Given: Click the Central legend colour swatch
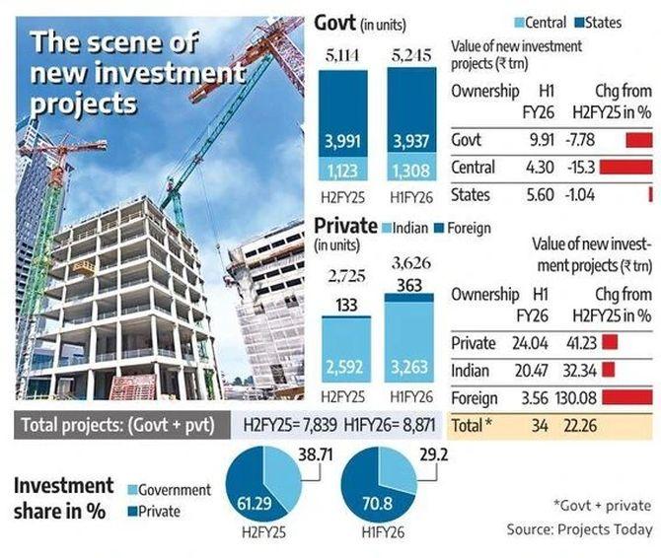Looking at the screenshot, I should point(517,22).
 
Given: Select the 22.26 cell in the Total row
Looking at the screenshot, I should point(581,425).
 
